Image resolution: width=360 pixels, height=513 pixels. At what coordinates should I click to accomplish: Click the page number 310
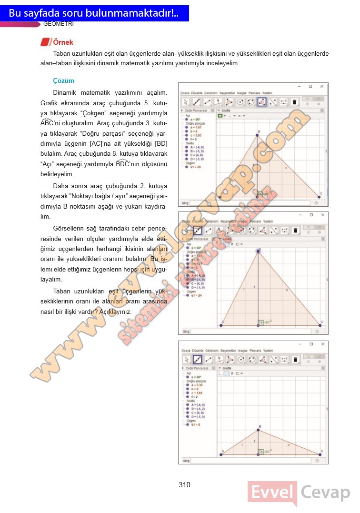185,485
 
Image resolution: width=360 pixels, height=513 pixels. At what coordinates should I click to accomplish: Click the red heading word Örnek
63,42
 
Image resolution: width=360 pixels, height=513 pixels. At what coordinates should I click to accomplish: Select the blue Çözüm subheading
63,81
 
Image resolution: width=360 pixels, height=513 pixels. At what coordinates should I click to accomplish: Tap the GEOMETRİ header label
58,24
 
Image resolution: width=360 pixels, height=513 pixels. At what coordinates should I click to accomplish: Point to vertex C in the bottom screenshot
320,454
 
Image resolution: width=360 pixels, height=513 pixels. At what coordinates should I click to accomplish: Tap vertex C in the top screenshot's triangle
320,196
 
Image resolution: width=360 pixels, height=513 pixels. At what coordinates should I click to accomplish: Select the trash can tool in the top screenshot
295,101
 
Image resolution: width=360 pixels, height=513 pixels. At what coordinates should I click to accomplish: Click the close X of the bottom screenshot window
322,344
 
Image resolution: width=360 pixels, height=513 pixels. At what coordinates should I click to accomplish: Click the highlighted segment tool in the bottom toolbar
197,360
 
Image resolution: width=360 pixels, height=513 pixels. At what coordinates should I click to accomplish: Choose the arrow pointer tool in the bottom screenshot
186,360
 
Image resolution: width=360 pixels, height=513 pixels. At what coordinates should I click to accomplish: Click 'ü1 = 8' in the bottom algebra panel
196,424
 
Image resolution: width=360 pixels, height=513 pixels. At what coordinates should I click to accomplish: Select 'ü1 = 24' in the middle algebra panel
196,295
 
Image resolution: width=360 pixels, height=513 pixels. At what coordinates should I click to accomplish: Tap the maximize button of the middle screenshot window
310,215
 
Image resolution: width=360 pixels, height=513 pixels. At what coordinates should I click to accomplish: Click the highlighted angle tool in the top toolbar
261,101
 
